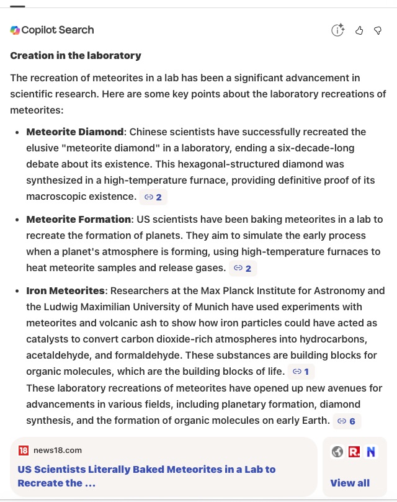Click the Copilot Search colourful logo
15,30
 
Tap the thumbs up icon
359,30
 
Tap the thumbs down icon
378,30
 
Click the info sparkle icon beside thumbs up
337,30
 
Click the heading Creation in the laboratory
76,56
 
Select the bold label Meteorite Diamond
74,132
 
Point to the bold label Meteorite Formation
78,220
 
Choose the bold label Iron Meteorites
65,291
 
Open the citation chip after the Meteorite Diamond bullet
153,197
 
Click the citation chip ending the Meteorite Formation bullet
243,268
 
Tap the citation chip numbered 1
301,372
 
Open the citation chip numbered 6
347,421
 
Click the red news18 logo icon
24,450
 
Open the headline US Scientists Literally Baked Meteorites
146,476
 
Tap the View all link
350,483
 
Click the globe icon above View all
337,452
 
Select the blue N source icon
371,452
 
